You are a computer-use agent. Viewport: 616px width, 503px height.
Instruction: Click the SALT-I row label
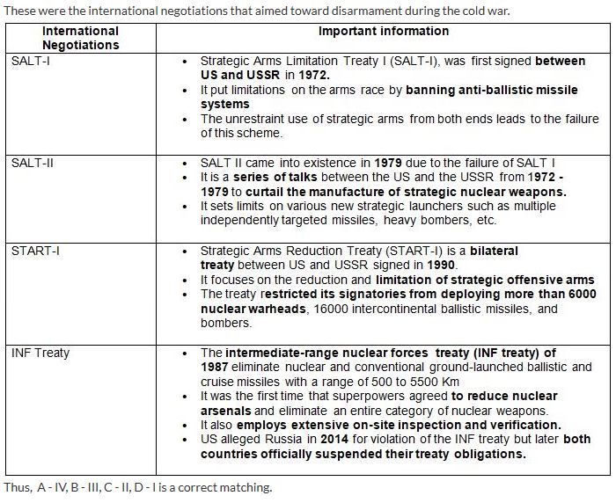30,62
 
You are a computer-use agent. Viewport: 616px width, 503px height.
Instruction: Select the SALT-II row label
33,164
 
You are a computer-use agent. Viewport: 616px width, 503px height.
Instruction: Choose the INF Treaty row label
40,353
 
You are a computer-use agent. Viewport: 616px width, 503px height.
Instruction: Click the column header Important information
384,31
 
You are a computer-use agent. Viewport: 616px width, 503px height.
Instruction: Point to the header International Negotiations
81,37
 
